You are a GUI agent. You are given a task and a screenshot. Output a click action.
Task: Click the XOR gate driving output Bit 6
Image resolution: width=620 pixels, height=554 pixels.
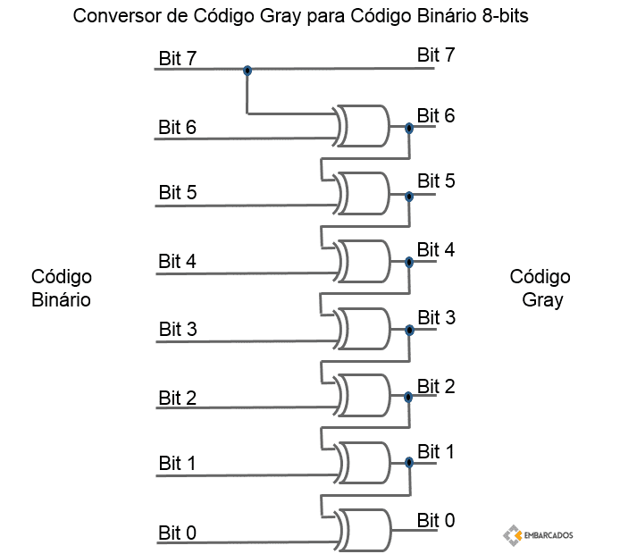pos(362,126)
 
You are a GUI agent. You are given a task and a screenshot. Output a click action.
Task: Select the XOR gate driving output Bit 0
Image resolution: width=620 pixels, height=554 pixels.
pos(362,530)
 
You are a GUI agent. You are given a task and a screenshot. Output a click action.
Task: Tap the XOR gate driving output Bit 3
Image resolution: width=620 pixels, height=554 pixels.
pos(362,329)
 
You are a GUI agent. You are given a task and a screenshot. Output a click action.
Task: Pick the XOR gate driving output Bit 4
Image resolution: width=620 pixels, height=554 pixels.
pos(362,262)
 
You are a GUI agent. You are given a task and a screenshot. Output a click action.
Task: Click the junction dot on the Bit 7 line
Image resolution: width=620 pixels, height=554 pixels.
pos(247,71)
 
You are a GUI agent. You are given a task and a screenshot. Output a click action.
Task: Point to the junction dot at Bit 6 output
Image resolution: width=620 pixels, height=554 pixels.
pos(409,128)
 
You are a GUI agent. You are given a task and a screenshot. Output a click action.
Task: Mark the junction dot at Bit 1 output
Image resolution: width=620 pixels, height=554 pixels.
pos(409,462)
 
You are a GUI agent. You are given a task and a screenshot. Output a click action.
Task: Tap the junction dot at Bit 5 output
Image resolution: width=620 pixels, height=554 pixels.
pos(409,197)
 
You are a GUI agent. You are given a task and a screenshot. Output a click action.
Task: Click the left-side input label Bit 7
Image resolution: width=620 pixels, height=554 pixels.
pos(177,58)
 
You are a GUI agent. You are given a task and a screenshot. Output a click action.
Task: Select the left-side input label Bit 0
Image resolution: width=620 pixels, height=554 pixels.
pos(177,533)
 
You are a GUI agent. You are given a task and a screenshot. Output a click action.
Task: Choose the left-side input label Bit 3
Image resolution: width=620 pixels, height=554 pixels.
pos(178,329)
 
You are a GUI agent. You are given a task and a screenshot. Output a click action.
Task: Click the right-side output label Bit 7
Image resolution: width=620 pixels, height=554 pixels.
pos(436,55)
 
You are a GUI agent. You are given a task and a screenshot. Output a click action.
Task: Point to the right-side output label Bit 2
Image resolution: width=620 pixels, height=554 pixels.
pos(436,386)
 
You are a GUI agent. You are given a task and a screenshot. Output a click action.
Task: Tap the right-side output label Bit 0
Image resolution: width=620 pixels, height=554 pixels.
pos(436,520)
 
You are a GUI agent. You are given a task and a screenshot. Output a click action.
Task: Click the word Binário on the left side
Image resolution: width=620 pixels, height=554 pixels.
pos(61,299)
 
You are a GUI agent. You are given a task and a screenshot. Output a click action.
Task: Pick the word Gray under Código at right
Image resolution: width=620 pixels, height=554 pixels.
pos(542,300)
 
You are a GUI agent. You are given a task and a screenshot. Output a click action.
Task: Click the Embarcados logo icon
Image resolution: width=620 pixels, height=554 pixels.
pos(513,535)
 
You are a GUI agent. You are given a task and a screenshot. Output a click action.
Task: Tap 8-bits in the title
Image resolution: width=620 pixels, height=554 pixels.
pos(506,16)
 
